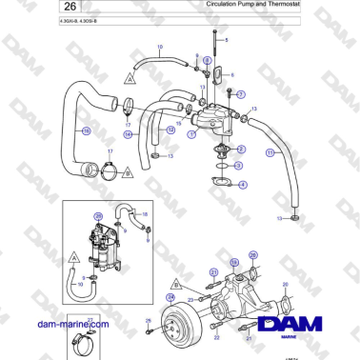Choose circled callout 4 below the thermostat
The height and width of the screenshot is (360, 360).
tap(243, 184)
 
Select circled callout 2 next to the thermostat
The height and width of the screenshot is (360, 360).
tap(242, 150)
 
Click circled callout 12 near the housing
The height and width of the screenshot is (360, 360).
tap(171, 129)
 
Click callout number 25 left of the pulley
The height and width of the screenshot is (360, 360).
tap(148, 320)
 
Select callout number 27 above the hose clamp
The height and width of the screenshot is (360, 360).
tap(90, 320)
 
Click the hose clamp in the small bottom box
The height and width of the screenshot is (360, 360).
tap(88, 336)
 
